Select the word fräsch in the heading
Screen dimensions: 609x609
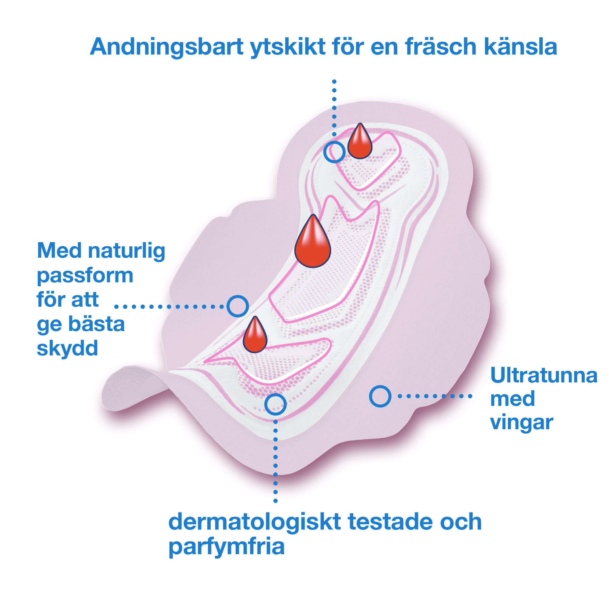tap(441, 47)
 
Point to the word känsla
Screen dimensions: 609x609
tap(520, 47)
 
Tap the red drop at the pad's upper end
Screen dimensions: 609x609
tap(360, 143)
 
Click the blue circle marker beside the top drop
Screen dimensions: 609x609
tap(334, 152)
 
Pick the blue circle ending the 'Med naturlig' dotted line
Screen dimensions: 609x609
tap(238, 306)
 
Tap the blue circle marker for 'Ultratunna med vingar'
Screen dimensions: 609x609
tap(380, 396)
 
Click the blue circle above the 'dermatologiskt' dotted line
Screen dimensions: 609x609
tap(275, 404)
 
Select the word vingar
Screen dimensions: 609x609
tap(522, 422)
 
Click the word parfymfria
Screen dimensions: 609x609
tap(226, 547)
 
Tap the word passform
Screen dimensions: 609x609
tap(85, 276)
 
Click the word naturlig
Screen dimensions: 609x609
tap(126, 251)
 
